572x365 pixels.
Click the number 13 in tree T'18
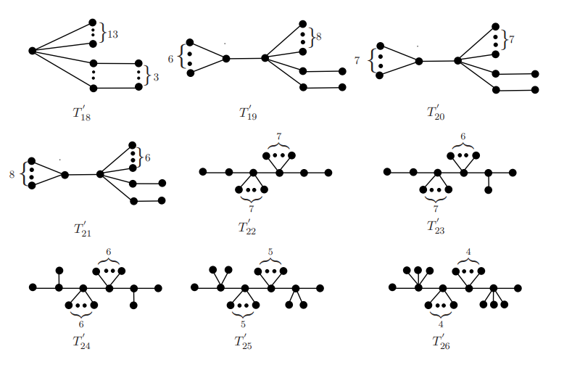[112, 33]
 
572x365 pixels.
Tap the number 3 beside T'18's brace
[156, 75]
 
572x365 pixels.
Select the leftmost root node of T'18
[33, 50]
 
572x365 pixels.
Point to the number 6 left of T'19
[171, 58]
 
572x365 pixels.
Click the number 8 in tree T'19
[318, 35]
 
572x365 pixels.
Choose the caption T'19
[248, 112]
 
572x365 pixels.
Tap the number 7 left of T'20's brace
[357, 61]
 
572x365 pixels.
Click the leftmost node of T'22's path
[203, 172]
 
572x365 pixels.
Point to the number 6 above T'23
[463, 136]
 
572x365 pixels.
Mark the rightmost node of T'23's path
[513, 172]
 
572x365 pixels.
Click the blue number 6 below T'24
[81, 324]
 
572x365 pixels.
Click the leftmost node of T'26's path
[392, 287]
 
